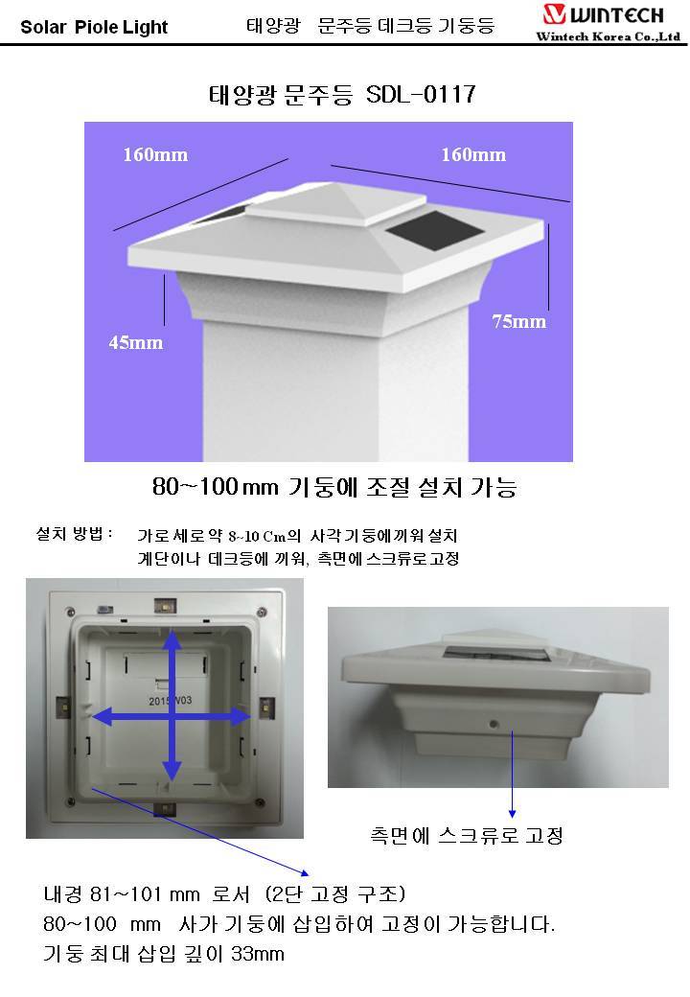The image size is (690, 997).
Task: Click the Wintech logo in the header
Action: click(x=603, y=14)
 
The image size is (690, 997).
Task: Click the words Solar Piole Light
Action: click(x=94, y=28)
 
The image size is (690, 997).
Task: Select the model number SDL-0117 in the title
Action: click(x=421, y=95)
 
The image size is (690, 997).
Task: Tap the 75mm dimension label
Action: click(x=519, y=321)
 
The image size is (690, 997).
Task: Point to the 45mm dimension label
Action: click(x=135, y=342)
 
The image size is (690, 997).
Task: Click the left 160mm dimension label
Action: click(x=155, y=154)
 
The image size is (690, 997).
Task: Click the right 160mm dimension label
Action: click(x=473, y=154)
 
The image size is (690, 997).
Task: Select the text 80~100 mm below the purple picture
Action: click(x=216, y=487)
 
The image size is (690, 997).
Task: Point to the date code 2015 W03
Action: click(x=171, y=701)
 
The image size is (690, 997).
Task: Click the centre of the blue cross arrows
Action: click(x=172, y=717)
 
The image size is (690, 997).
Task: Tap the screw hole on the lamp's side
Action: click(x=493, y=724)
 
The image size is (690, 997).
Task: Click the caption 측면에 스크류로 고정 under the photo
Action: click(x=467, y=836)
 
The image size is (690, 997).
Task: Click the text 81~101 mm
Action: click(x=145, y=894)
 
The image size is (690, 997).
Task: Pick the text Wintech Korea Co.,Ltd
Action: click(x=608, y=36)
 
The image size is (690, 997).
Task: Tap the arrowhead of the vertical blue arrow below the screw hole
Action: click(x=512, y=814)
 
